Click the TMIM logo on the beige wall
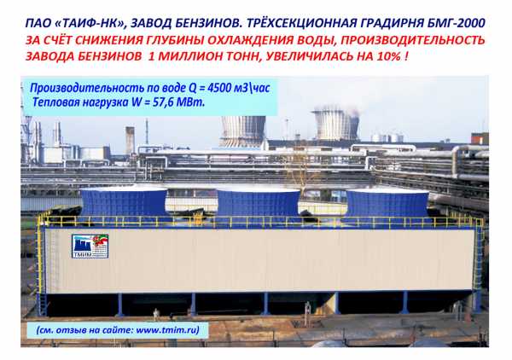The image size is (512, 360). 90,247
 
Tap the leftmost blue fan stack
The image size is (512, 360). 124,203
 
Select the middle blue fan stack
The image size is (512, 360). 258,205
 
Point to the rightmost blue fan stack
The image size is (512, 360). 387,206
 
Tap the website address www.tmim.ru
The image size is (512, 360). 167,330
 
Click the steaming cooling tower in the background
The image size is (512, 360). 336,125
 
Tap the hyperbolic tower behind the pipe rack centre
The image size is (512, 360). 243,131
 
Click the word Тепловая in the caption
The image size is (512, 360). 55,102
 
